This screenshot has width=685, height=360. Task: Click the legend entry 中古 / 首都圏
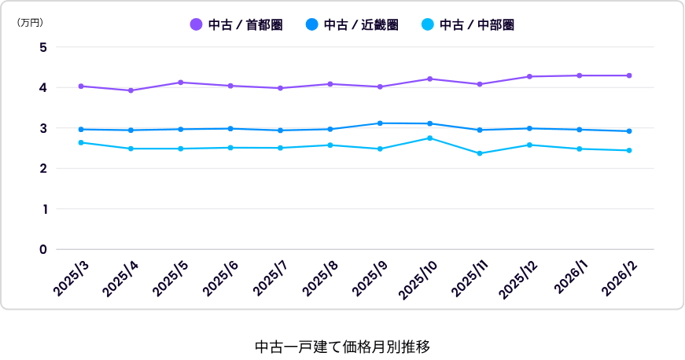point(237,25)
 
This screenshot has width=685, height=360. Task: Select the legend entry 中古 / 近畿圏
point(352,25)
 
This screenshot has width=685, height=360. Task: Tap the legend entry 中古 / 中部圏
point(468,25)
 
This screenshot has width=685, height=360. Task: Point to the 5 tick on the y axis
point(42,47)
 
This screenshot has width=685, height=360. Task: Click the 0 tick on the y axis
point(42,250)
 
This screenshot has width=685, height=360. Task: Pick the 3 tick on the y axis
point(42,128)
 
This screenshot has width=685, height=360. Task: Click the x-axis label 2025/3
point(71,279)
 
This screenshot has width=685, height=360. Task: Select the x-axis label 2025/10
point(418,281)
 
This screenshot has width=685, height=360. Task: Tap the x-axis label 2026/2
point(620,279)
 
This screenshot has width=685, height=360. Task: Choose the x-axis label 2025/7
point(271,279)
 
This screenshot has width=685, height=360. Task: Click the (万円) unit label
point(30,23)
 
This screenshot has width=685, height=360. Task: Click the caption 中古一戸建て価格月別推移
point(343,347)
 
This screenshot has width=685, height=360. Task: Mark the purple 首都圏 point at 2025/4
point(131,90)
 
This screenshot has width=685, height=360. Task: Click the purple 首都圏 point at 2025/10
point(430,79)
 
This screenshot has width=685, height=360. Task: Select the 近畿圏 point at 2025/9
point(380,123)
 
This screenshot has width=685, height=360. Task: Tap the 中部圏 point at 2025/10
point(430,138)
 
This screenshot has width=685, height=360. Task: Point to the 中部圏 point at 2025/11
point(480,153)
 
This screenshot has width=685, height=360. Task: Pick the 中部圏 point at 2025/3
point(81,143)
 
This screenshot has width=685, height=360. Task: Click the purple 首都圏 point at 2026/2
point(629,75)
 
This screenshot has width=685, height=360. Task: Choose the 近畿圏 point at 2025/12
point(529,129)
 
